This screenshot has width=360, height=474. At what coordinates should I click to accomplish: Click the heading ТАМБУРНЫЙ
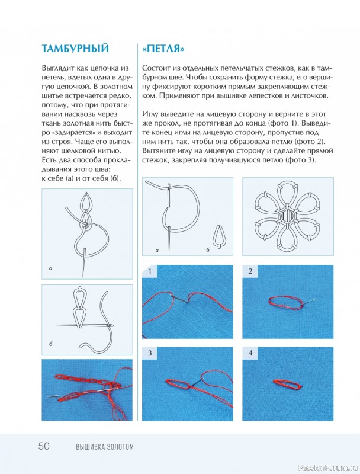tap(75, 49)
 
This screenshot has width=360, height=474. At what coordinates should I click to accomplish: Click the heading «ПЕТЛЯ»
tap(163, 49)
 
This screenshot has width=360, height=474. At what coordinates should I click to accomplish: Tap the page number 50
tap(44, 446)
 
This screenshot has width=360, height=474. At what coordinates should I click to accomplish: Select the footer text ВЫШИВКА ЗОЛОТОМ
tap(104, 447)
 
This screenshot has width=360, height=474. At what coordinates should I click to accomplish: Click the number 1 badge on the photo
tap(150, 271)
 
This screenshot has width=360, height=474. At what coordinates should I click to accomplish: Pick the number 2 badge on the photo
tap(250, 271)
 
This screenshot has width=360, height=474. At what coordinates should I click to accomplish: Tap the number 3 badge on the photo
tap(150, 353)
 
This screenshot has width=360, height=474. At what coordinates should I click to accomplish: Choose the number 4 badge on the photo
tap(250, 353)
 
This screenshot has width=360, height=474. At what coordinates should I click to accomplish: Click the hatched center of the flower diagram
tap(288, 216)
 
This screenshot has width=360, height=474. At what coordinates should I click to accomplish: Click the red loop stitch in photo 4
tap(288, 384)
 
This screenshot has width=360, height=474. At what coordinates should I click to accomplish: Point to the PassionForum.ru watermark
tap(327, 468)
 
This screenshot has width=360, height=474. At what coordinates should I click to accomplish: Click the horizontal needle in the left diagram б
tap(83, 325)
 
